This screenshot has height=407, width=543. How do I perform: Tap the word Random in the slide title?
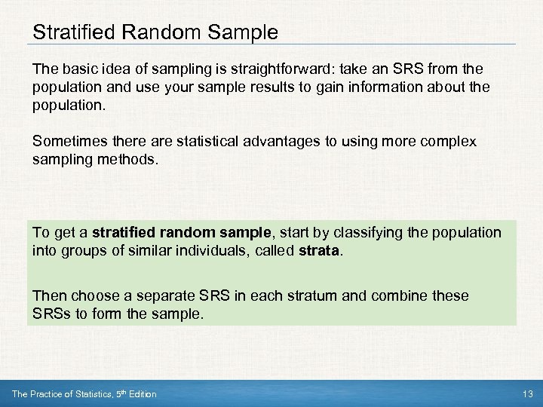coord(145,32)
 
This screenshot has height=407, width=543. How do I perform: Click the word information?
coord(399,87)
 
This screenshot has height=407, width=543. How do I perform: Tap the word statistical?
coord(178,142)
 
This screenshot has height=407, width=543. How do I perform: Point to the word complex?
coord(449,142)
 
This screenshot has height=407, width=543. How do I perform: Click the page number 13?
coord(526,394)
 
